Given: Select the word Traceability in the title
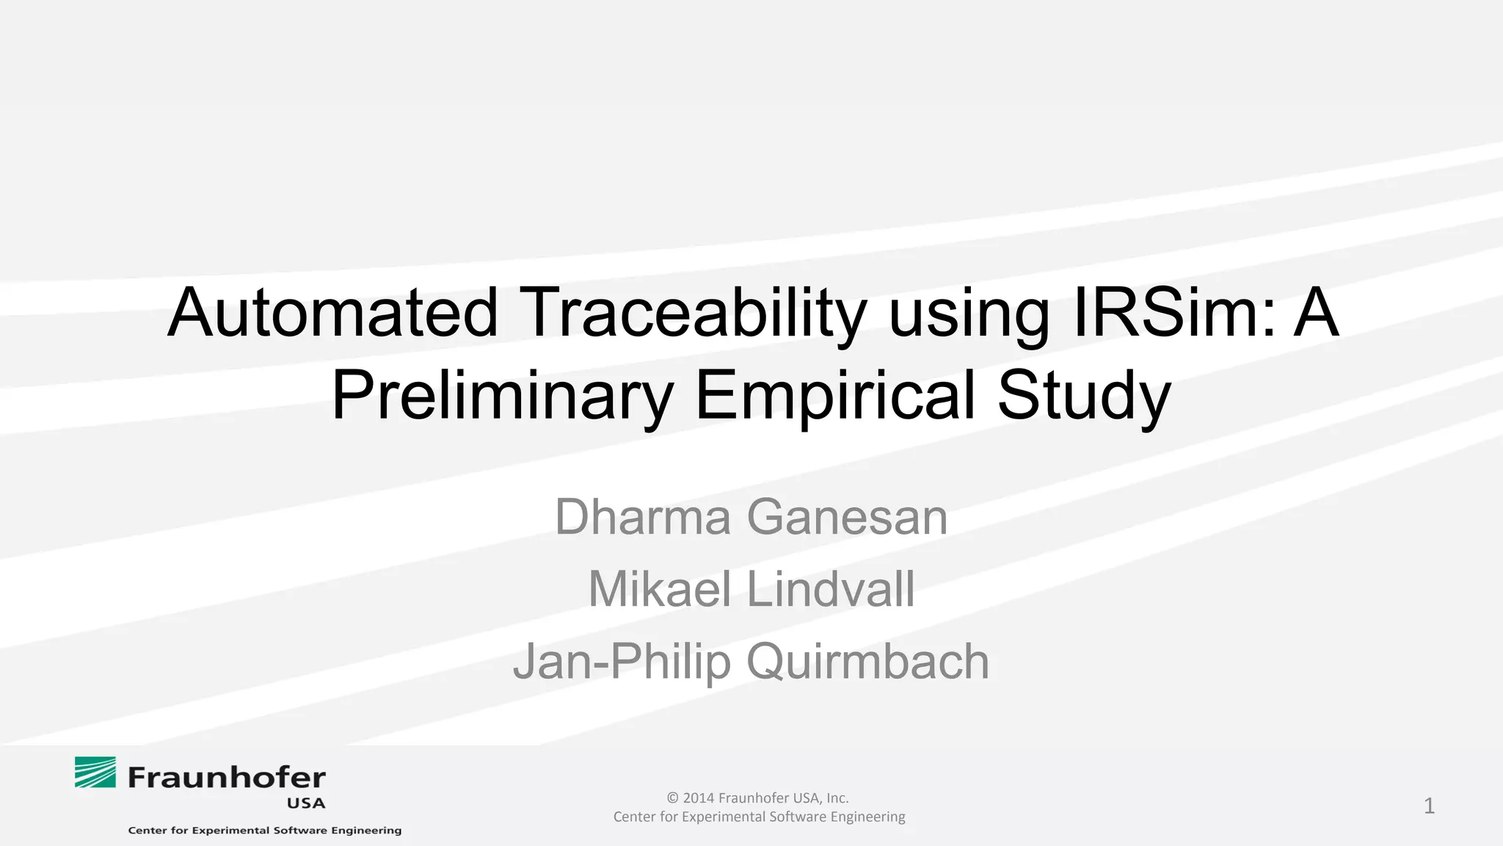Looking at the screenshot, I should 693,314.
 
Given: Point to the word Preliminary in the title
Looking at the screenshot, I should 502,397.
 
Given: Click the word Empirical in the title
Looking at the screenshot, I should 834,397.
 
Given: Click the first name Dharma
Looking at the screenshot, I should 643,517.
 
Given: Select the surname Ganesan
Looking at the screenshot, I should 847,517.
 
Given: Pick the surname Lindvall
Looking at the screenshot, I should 831,589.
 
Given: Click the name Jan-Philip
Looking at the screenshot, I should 622,662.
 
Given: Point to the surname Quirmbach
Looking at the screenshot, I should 867,662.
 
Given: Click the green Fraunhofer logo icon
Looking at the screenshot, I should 95,773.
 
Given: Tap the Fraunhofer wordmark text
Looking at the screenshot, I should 227,777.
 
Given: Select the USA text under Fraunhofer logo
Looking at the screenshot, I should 306,803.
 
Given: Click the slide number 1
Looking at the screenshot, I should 1429,806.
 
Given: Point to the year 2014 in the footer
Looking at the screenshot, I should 698,798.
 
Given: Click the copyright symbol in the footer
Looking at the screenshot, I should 672,798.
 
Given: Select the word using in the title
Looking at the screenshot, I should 969,314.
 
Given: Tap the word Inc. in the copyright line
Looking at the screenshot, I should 837,798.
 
